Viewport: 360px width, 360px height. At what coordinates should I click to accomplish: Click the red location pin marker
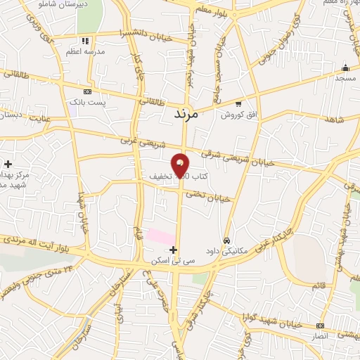[x=181, y=165]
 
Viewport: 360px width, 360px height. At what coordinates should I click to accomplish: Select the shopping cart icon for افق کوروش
[x=238, y=103]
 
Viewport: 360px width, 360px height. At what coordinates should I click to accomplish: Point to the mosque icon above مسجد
[x=345, y=68]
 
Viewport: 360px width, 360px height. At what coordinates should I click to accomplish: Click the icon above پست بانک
[x=87, y=91]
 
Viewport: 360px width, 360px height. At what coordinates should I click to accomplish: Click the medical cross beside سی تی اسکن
[x=173, y=250]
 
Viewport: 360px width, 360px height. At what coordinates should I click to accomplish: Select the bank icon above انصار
[x=321, y=326]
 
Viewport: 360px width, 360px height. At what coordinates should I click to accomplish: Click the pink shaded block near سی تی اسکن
[x=161, y=236]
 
